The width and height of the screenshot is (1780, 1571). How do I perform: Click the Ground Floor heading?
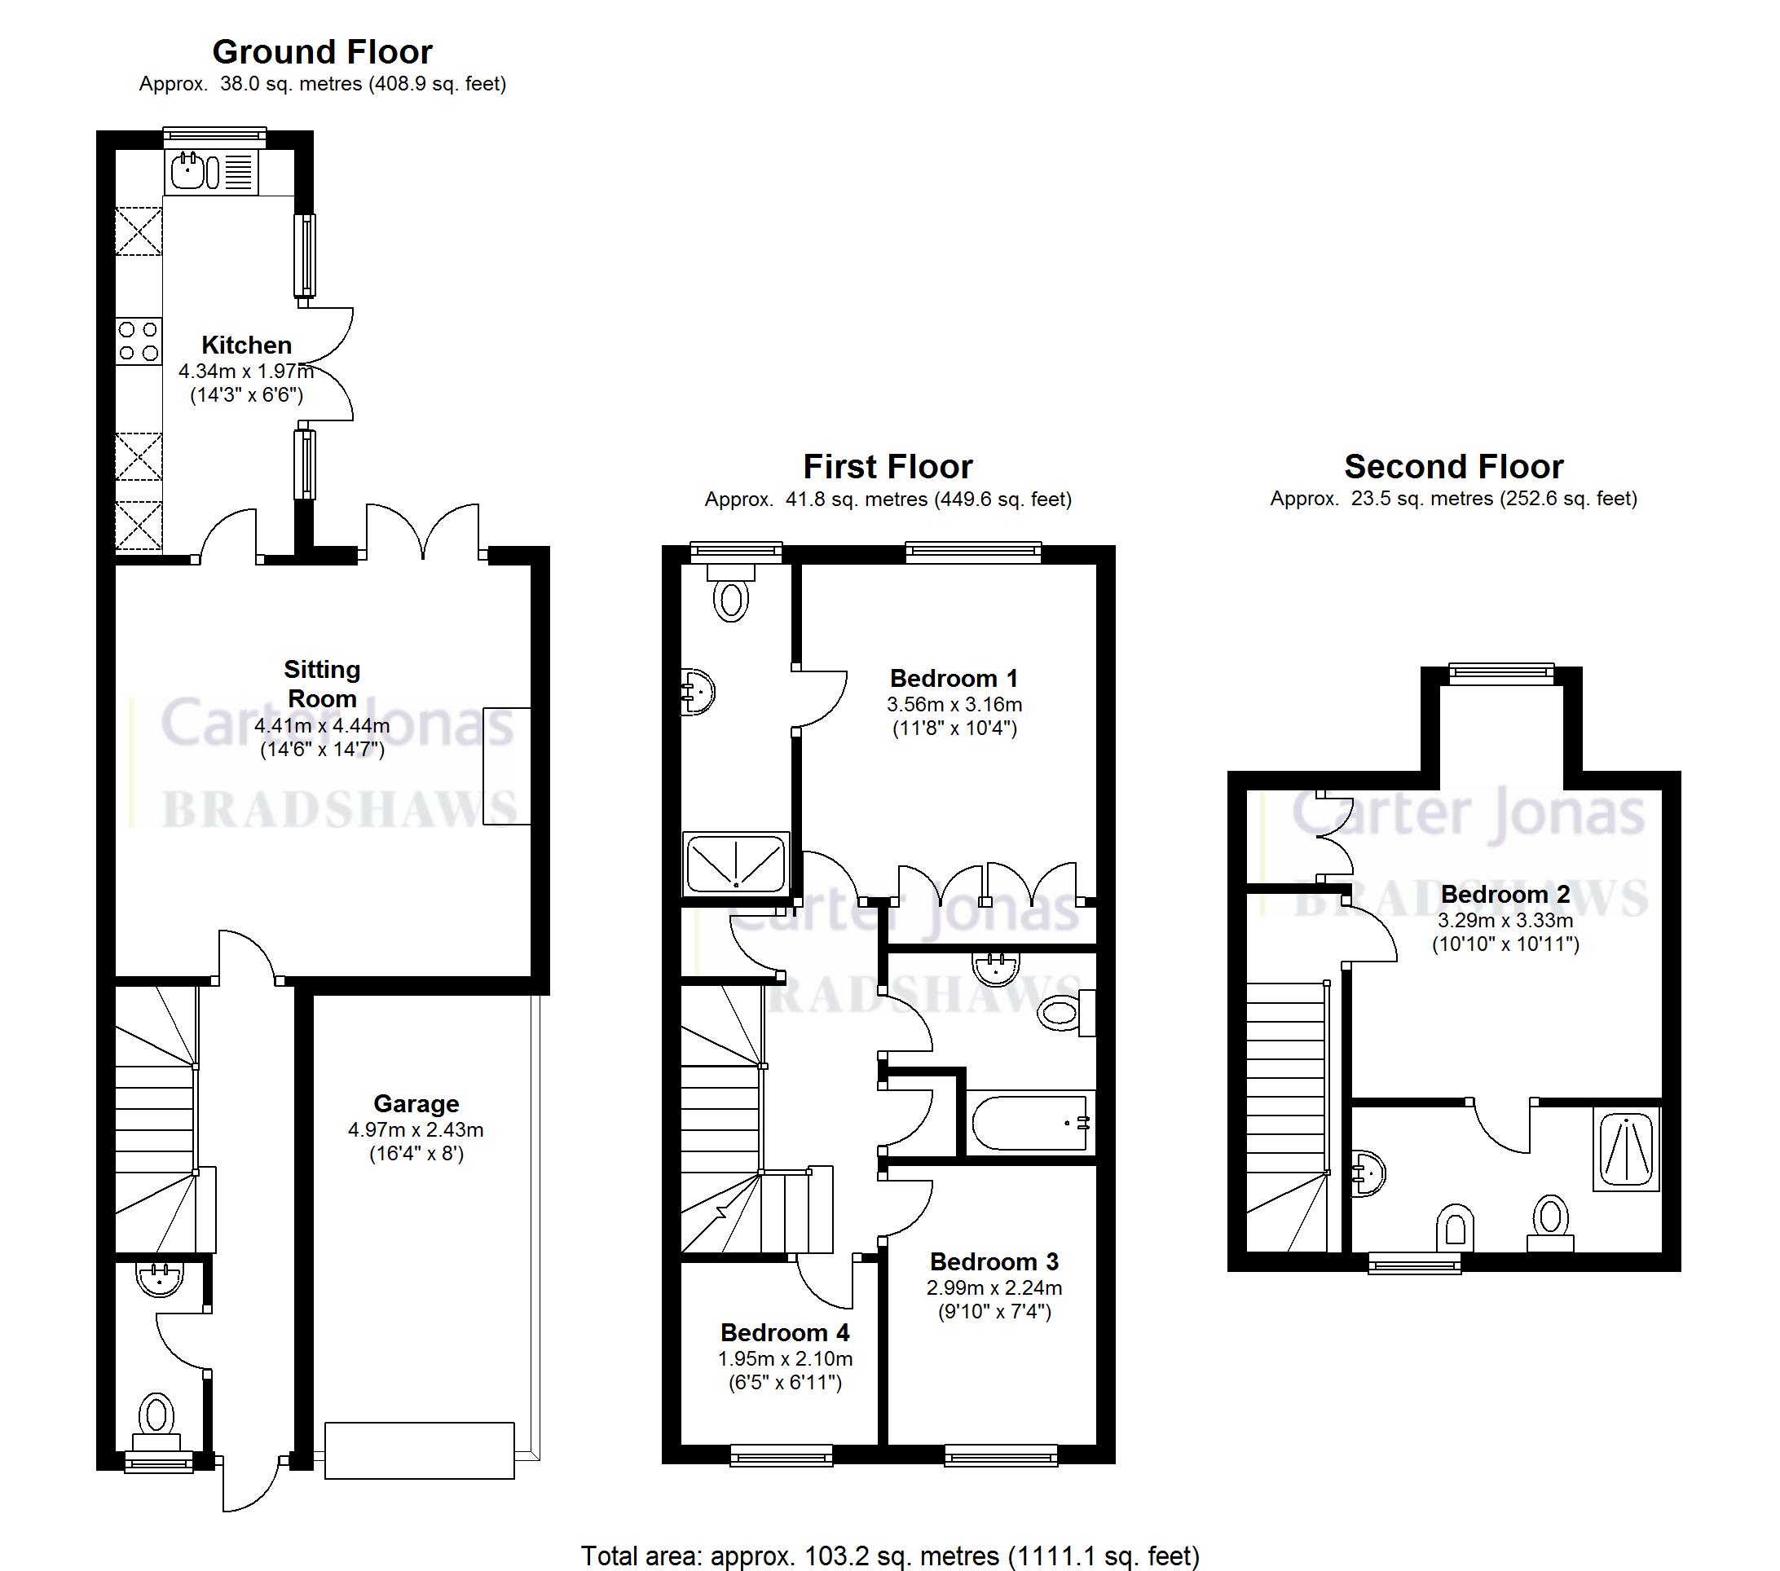click(x=322, y=52)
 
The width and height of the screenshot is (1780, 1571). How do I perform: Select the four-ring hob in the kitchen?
click(x=139, y=341)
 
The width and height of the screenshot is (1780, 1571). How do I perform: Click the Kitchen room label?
click(x=246, y=345)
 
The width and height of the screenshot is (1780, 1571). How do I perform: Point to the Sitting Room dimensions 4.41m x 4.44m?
click(x=322, y=725)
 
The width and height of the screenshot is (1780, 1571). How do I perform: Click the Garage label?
click(x=416, y=1103)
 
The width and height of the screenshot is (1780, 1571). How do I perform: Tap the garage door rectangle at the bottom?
click(x=419, y=1450)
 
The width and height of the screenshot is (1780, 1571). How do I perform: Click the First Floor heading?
click(x=888, y=467)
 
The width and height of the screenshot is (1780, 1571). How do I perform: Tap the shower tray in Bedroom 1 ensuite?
click(x=737, y=862)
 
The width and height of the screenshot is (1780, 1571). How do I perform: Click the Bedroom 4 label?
click(x=785, y=1332)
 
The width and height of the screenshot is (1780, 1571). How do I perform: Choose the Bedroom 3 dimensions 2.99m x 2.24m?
click(x=994, y=1287)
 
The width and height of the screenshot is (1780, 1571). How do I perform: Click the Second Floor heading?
click(x=1453, y=467)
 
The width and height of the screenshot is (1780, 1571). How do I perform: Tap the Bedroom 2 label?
click(x=1505, y=894)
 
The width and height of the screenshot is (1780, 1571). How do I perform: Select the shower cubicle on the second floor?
click(x=1626, y=1149)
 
